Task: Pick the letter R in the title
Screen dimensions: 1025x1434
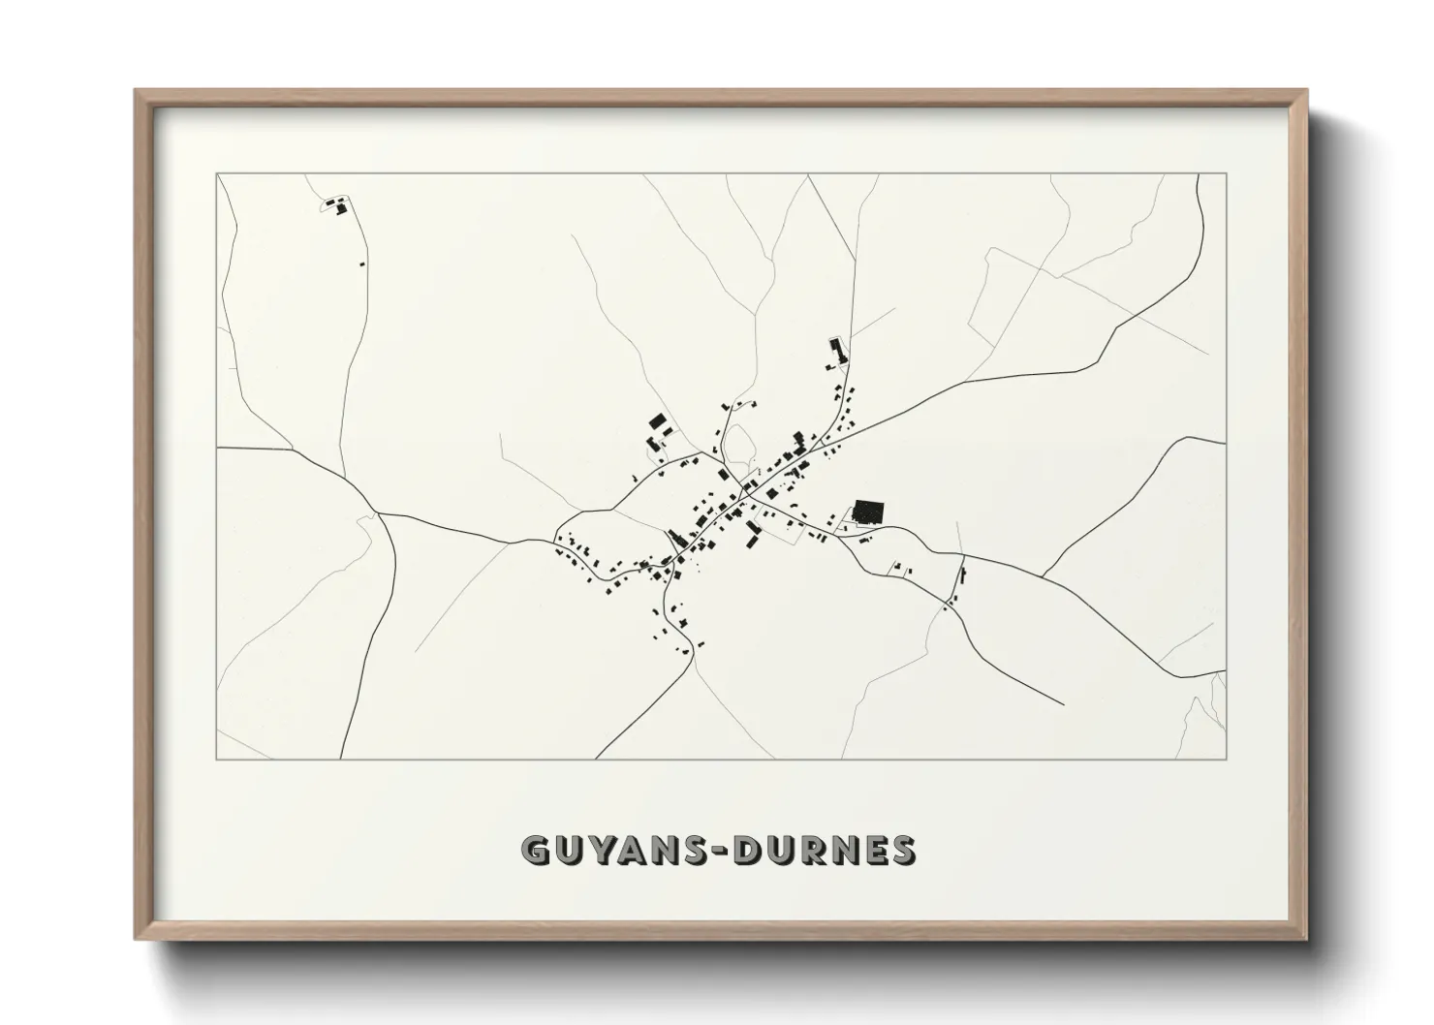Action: (x=825, y=851)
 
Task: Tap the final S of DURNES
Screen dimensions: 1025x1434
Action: (x=902, y=851)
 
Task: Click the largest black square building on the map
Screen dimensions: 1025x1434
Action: (x=869, y=511)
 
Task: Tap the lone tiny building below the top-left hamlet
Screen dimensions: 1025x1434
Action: (x=362, y=263)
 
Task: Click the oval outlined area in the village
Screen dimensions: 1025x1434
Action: (x=740, y=446)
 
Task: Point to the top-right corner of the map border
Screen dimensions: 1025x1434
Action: (x=1226, y=173)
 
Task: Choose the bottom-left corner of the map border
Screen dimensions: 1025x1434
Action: (x=216, y=759)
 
